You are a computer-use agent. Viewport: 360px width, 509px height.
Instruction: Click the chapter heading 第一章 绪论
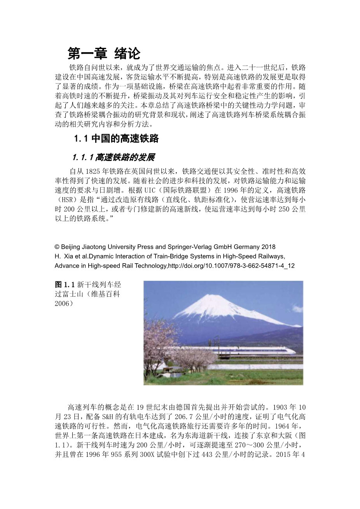[104, 54]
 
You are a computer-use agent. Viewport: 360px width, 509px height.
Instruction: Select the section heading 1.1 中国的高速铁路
[116, 138]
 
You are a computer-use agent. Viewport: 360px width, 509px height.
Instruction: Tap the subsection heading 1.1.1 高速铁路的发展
[114, 157]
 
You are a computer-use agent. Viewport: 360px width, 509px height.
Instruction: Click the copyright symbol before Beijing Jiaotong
[57, 247]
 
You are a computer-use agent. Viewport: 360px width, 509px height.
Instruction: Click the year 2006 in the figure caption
[62, 303]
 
